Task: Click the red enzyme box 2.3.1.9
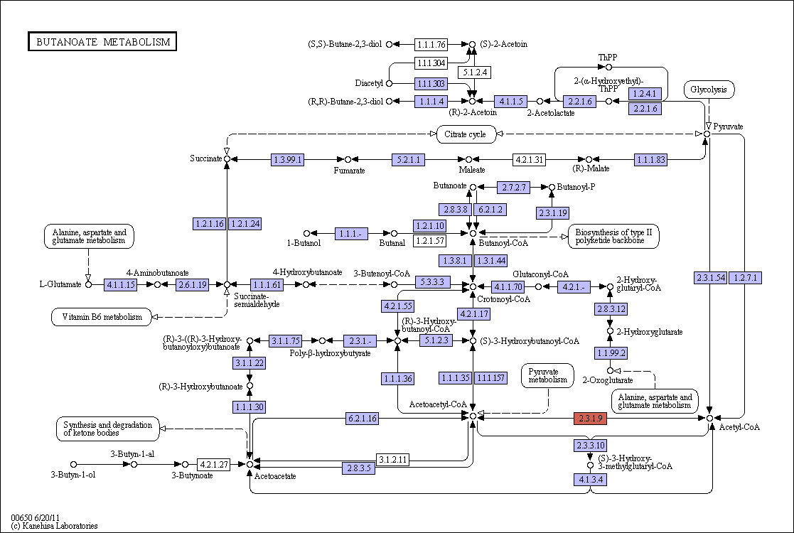(x=591, y=419)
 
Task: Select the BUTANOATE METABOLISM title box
(x=102, y=41)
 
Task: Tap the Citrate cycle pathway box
(x=465, y=134)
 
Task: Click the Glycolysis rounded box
(x=709, y=90)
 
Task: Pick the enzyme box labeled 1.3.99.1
(x=288, y=159)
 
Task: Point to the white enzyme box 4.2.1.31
(x=529, y=159)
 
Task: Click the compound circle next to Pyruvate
(x=707, y=134)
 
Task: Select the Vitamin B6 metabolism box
(x=102, y=317)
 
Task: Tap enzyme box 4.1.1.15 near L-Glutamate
(x=121, y=284)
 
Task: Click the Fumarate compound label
(x=349, y=171)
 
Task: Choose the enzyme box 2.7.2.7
(x=513, y=188)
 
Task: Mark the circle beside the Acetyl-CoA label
(x=710, y=418)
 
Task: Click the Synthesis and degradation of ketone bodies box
(x=108, y=429)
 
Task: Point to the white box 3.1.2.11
(x=392, y=460)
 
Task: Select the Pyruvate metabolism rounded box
(x=548, y=375)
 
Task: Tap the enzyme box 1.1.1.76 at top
(x=431, y=45)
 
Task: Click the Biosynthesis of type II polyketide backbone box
(x=613, y=237)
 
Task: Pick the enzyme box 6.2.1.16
(x=362, y=419)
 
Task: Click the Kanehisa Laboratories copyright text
(x=54, y=526)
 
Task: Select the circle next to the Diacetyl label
(x=389, y=83)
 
